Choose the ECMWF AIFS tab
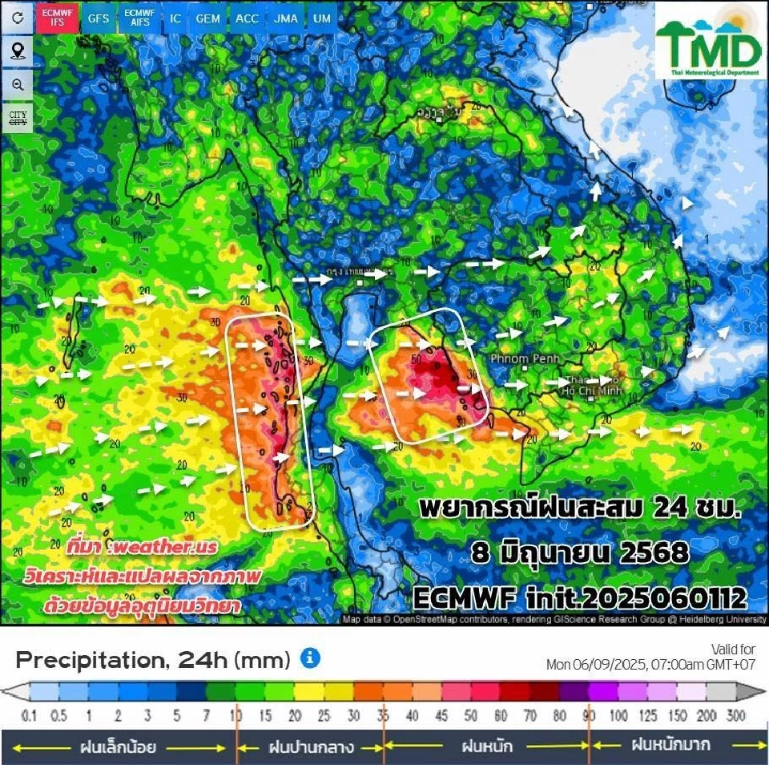tap(139, 18)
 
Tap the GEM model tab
tap(208, 18)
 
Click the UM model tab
tap(321, 18)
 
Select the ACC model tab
tap(247, 18)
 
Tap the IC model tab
tap(175, 18)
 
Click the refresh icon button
tap(18, 18)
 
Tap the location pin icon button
tap(18, 51)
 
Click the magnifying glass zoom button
tap(18, 84)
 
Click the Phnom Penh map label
tap(524, 358)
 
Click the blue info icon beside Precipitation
tap(310, 659)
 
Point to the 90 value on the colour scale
tap(589, 715)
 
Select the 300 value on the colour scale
tap(735, 715)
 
